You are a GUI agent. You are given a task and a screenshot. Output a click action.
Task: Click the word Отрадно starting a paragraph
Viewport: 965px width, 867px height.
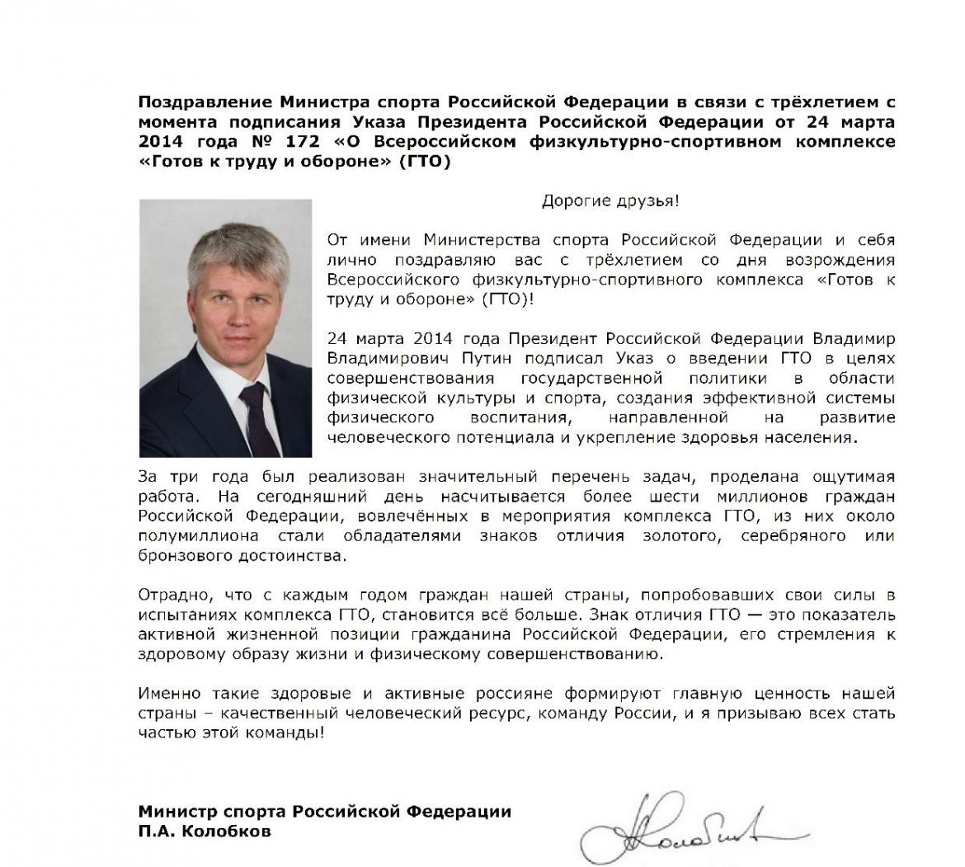click(169, 595)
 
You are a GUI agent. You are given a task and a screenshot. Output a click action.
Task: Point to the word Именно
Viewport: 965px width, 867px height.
click(166, 693)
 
